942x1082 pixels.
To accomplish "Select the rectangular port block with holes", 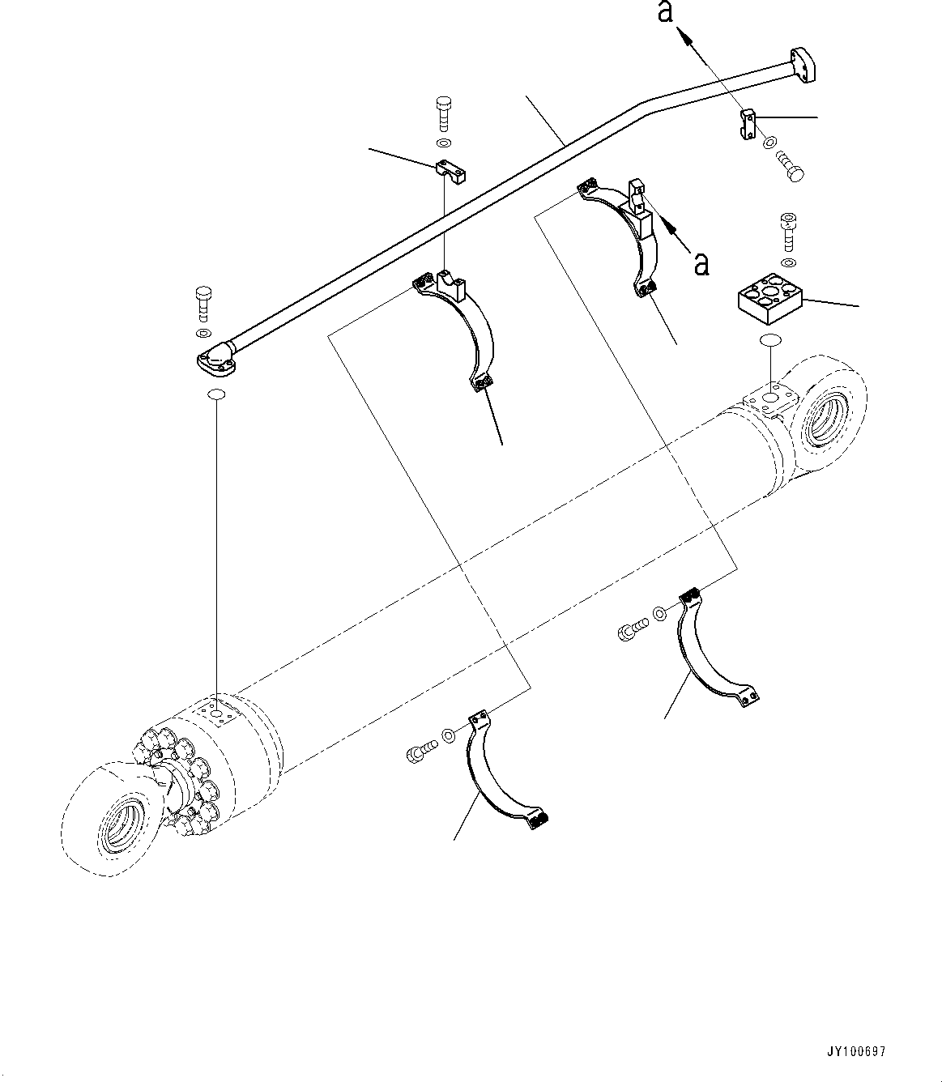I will (x=770, y=299).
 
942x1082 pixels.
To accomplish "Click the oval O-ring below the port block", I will (x=769, y=342).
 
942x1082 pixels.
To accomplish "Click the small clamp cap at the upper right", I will (x=748, y=124).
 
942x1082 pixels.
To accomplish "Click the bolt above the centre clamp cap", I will (x=443, y=113).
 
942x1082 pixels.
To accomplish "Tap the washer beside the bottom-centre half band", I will (x=448, y=738).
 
